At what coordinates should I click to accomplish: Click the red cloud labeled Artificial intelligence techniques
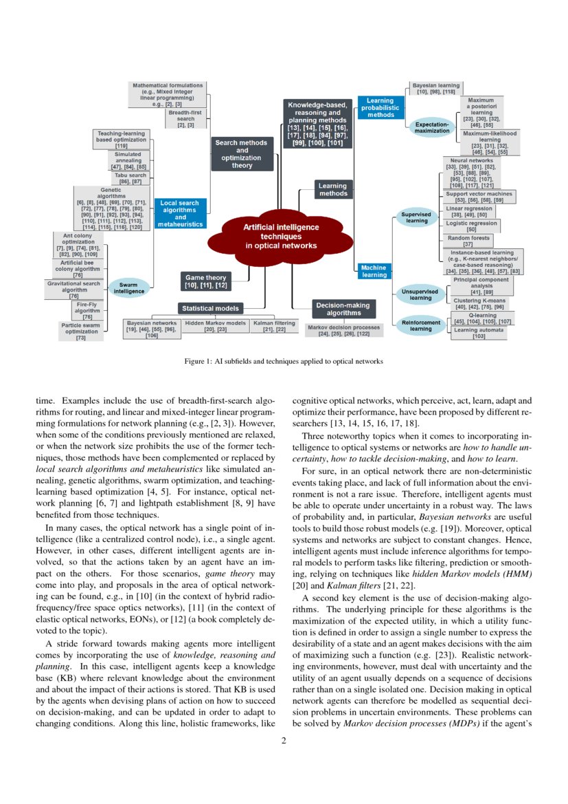(x=281, y=236)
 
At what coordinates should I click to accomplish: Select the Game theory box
(x=206, y=281)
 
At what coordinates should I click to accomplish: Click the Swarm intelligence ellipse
(x=128, y=287)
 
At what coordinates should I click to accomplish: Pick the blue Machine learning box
(x=374, y=271)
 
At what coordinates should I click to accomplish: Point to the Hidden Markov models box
(x=215, y=326)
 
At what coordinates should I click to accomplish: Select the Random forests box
(x=468, y=241)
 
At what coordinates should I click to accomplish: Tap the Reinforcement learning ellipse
(x=421, y=325)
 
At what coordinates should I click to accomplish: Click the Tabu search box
(x=130, y=179)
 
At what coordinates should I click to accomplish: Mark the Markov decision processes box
(x=343, y=330)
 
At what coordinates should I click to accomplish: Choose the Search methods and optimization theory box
(x=242, y=154)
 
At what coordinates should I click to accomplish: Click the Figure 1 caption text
(x=284, y=360)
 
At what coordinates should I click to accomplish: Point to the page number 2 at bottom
(x=284, y=741)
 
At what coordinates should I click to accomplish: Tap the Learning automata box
(x=479, y=333)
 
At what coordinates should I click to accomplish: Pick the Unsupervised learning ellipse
(x=421, y=294)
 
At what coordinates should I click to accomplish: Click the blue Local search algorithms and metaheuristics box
(x=180, y=213)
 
